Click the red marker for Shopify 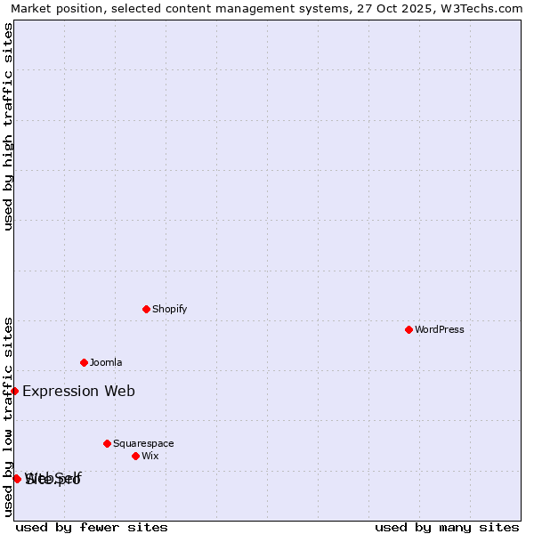[x=146, y=309]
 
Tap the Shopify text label [x=169, y=309]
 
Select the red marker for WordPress [x=409, y=329]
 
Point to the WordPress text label [x=440, y=329]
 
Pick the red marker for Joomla [x=84, y=362]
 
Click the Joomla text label [x=106, y=362]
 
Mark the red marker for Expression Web [x=14, y=391]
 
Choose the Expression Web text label [x=78, y=391]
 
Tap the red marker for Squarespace [x=107, y=443]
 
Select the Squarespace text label [x=143, y=443]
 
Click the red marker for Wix [x=135, y=456]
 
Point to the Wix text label [x=150, y=456]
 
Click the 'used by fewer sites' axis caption [x=92, y=527]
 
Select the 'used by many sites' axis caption [x=447, y=527]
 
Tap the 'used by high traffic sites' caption [x=8, y=126]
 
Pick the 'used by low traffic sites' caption [x=8, y=417]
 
